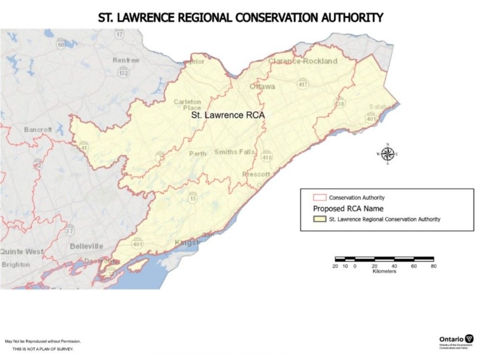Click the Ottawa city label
coord(262,87)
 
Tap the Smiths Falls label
coord(235,152)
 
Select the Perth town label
coord(198,154)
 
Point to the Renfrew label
coord(126,60)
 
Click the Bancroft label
coord(38,130)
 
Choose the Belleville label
coord(86,246)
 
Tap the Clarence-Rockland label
coord(303,61)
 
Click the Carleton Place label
coord(187,105)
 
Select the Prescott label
coord(257,174)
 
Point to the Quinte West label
coord(22,252)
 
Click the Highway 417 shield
coord(302,84)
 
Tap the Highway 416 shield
coord(267,157)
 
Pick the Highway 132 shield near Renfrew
coord(124,72)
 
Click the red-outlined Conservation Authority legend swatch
coord(320,197)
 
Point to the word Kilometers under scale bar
coord(384,271)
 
